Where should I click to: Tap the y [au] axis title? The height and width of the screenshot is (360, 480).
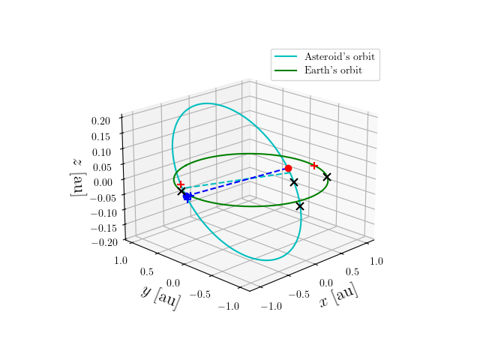[x=160, y=296]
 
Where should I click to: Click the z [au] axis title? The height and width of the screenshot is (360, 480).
[x=76, y=177]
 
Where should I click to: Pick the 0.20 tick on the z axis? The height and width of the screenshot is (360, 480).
[x=100, y=120]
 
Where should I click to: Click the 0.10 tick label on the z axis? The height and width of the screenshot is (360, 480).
[x=100, y=151]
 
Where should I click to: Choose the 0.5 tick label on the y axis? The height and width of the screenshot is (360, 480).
[x=148, y=271]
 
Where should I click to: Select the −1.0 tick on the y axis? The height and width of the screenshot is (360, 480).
[x=229, y=306]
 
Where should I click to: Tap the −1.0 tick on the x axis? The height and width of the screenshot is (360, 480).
[x=271, y=306]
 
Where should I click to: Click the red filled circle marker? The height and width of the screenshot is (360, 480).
[x=288, y=169]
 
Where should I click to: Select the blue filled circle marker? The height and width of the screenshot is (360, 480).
[x=187, y=196]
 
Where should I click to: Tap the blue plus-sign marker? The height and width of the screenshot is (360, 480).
[x=189, y=199]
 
